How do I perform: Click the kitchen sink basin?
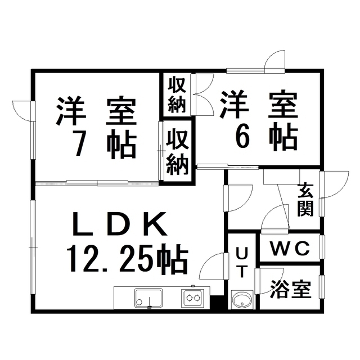click(x=148, y=297)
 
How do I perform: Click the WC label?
click(x=290, y=249)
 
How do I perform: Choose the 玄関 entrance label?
click(x=306, y=199)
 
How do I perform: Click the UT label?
click(x=241, y=262)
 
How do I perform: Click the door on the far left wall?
click(x=24, y=110)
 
